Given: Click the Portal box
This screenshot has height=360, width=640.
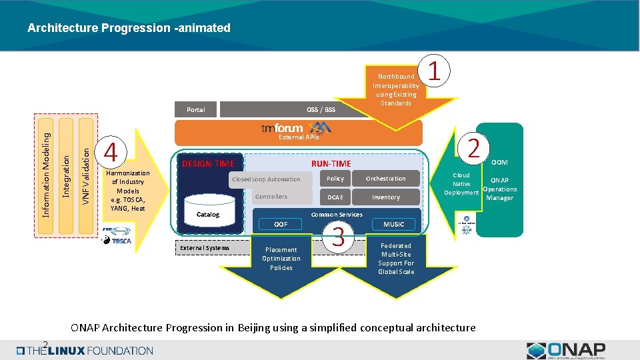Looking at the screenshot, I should tap(196, 110).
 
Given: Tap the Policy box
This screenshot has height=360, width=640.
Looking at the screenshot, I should tap(335, 179).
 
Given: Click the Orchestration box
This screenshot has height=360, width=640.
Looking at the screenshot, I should tap(386, 179).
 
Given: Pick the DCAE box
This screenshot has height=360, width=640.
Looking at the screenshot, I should tap(335, 197).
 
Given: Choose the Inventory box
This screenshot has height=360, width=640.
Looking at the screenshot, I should tap(386, 197).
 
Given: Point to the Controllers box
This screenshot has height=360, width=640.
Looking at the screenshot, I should tap(272, 197).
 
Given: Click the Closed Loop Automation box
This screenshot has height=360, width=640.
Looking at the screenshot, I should tap(267, 179).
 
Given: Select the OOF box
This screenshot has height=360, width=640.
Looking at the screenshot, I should tap(281, 225).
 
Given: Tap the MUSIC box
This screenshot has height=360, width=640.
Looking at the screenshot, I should tap(393, 225).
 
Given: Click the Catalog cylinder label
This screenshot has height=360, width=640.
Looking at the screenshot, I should tap(207, 215).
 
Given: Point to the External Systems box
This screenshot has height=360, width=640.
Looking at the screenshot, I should tap(205, 248).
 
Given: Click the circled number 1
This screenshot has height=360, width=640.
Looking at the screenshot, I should tap(434, 71).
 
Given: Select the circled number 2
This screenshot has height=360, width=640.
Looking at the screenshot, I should tap(473, 147).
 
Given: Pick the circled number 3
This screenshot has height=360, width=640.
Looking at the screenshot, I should tap(338, 237).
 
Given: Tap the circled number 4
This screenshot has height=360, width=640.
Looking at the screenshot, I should tap(112, 153).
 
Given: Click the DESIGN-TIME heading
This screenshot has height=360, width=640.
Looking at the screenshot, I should tap(209, 164).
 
